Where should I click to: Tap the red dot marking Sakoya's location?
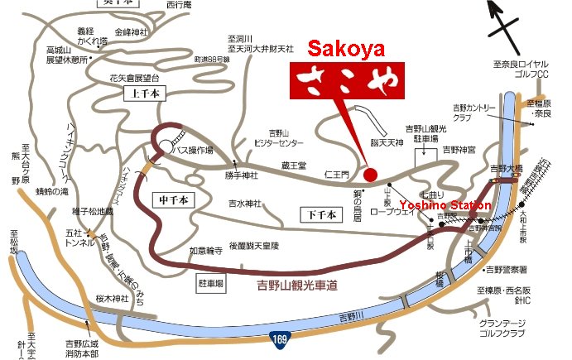(x=370, y=175)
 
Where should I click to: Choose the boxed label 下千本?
(x=320, y=214)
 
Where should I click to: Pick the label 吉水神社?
(x=245, y=203)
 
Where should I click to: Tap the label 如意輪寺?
(x=206, y=250)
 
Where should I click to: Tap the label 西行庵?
(x=178, y=4)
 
